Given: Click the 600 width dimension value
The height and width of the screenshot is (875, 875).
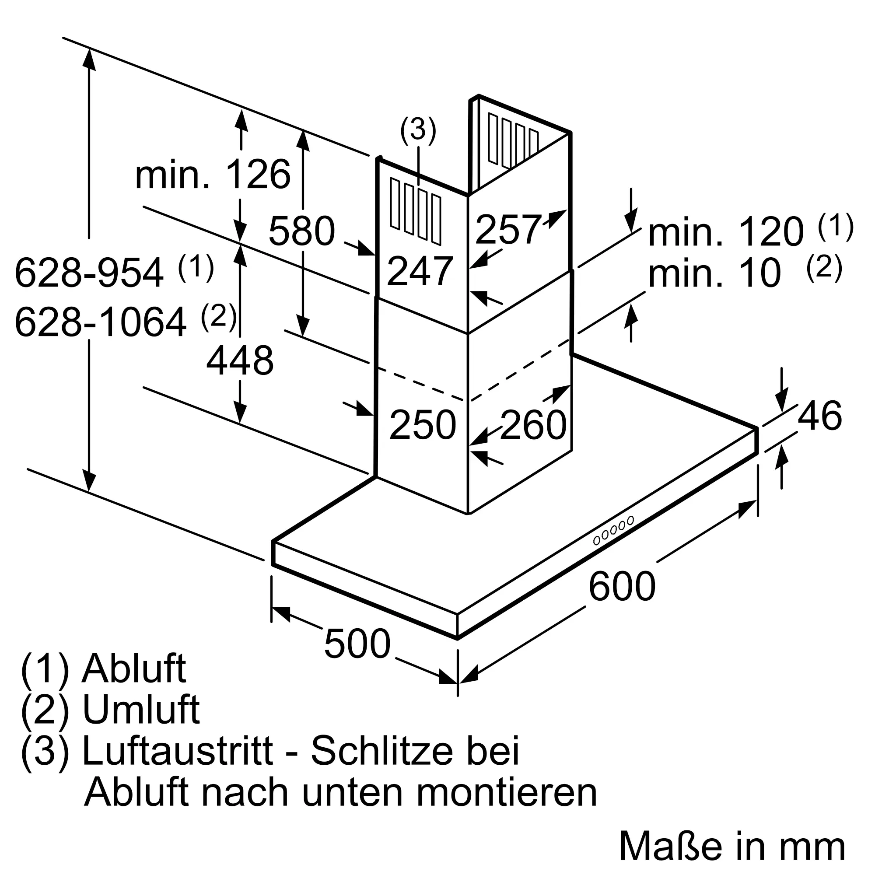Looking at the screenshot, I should point(622,586).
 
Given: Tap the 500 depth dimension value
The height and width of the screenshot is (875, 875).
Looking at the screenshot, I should point(357,644).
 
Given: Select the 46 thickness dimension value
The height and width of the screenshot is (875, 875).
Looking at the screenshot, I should point(820,416).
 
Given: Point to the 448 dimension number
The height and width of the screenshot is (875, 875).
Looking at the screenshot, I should point(240,360).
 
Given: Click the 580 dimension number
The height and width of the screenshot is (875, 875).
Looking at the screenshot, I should point(301,231).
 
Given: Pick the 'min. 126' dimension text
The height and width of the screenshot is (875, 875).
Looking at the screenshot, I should point(213,175).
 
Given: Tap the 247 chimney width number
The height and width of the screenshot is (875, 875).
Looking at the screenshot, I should point(420,272).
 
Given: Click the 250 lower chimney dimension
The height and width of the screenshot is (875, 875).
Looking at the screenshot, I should point(423,425).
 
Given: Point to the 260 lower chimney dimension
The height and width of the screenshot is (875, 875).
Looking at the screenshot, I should point(533,425).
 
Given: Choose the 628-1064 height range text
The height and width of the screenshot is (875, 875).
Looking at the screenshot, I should point(101,322).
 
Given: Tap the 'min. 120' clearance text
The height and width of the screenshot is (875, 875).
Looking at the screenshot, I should point(726,233).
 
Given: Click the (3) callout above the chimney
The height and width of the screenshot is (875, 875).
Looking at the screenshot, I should point(418,130).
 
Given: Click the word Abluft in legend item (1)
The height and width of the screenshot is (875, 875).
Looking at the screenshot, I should point(133,668).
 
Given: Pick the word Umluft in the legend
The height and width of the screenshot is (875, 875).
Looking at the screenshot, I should point(141,710).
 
